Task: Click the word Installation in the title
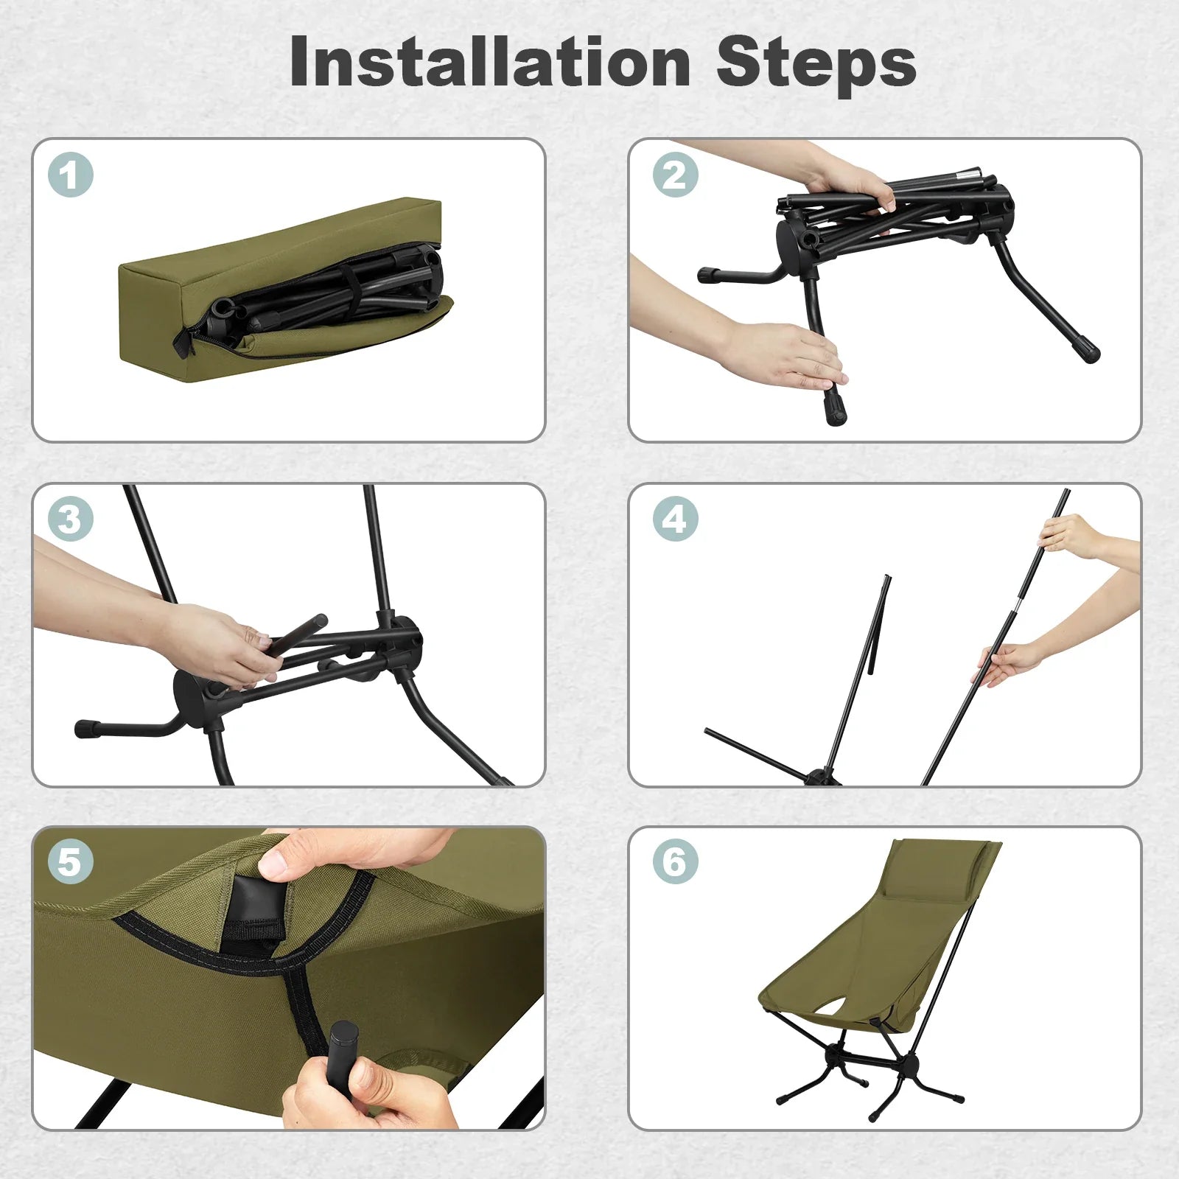point(490,63)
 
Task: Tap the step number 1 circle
point(70,175)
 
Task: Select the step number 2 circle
point(675,175)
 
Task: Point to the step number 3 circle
point(70,519)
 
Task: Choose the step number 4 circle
point(675,519)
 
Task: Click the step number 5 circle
point(70,861)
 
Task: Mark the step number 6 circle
point(675,861)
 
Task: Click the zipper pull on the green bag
point(183,343)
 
